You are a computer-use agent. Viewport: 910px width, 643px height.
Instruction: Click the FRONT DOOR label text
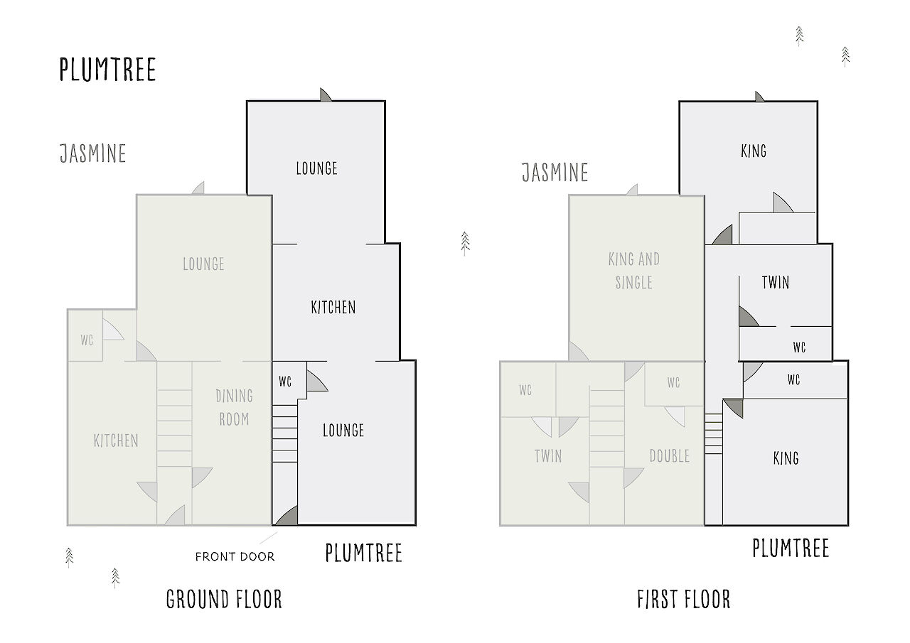(235, 556)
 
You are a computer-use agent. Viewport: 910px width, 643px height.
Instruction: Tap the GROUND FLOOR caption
(224, 599)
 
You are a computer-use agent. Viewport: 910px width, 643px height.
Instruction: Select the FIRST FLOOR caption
(684, 599)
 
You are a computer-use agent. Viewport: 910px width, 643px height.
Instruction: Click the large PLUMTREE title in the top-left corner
(107, 70)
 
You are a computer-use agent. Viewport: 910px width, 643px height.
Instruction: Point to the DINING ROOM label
(235, 407)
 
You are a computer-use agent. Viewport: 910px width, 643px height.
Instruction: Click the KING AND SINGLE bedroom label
(633, 271)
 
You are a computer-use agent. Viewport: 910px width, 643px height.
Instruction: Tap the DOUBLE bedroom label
(670, 456)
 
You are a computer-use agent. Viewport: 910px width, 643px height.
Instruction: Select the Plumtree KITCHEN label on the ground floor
(333, 308)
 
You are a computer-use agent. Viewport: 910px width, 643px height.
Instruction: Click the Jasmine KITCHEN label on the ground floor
(116, 441)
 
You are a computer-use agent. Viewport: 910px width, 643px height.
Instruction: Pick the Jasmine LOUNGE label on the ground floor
(203, 264)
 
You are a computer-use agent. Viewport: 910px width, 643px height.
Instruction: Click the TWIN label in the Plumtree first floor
(776, 283)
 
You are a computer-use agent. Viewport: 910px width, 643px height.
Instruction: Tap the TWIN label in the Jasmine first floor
(548, 456)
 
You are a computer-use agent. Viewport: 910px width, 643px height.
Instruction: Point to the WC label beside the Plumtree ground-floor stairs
(285, 381)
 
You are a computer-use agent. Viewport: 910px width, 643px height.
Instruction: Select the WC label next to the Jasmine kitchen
(87, 340)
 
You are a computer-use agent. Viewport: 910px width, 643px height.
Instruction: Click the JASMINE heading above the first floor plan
(555, 173)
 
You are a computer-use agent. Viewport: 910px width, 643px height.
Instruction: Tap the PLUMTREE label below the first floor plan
(791, 548)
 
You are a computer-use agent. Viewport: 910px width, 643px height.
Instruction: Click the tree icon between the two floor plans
(465, 244)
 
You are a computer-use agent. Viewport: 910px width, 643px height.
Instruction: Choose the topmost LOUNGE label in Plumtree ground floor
(316, 168)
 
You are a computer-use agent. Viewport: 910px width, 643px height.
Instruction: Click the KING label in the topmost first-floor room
(754, 151)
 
